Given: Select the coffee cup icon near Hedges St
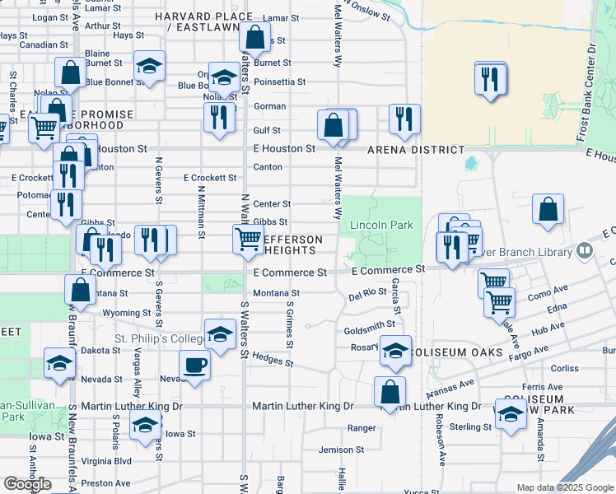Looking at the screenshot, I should tap(194, 365).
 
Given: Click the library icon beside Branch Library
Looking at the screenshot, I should tap(584, 249).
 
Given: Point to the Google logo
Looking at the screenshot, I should tap(27, 484).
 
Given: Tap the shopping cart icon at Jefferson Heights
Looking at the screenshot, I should tap(248, 239).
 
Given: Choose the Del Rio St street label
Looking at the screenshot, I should tap(367, 293).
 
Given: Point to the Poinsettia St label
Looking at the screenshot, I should tap(280, 82).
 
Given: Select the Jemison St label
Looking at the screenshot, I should tap(341, 450).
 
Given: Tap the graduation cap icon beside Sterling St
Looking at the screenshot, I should tap(511, 413).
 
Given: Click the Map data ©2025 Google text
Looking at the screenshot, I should tap(564, 487).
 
